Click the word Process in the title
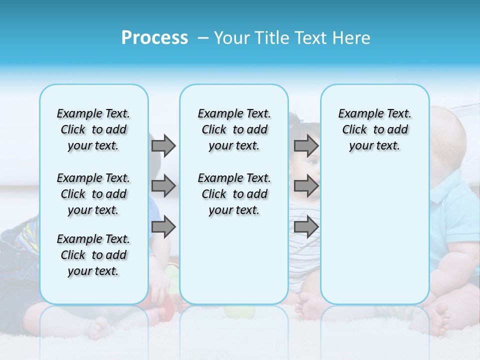(x=154, y=38)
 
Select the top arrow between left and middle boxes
(x=163, y=145)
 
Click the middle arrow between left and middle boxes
(x=163, y=186)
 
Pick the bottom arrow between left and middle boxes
(x=163, y=226)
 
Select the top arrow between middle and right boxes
(x=306, y=145)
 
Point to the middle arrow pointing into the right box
(x=306, y=186)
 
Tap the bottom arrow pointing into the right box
(x=306, y=226)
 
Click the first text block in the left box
(x=93, y=129)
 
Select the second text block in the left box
(x=93, y=194)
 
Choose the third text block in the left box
(x=93, y=255)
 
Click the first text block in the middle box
(x=234, y=129)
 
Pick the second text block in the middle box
(x=234, y=194)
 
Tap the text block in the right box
(x=374, y=129)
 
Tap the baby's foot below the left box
(x=100, y=327)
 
